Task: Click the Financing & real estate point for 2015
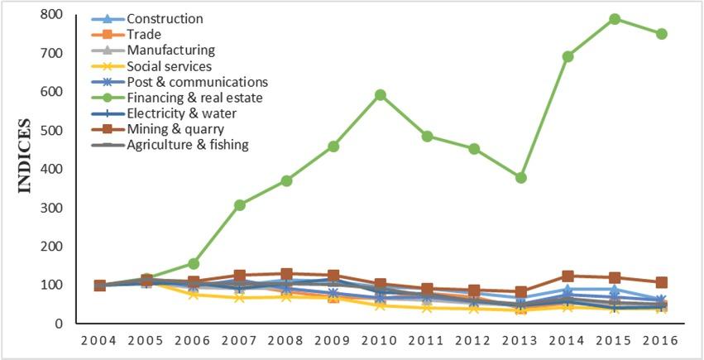615,19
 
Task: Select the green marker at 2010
381,95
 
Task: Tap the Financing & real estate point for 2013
521,178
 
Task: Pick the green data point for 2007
240,205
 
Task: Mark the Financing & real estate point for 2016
662,34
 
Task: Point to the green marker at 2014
568,57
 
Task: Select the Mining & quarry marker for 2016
662,283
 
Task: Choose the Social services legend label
170,66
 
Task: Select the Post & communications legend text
197,82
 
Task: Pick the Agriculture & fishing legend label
188,146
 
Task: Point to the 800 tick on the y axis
51,15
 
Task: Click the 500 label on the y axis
51,131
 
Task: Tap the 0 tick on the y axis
60,324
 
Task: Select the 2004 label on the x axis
99,341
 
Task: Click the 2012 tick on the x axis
474,341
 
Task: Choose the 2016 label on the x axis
662,341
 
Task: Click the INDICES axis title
24,156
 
